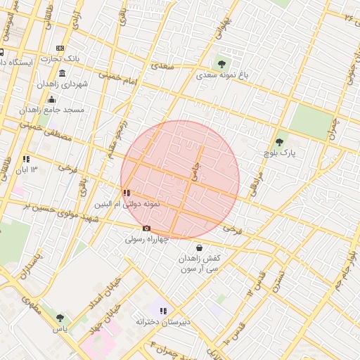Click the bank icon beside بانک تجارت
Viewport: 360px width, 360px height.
[x=60, y=49]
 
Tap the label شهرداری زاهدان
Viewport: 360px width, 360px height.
[x=84, y=84]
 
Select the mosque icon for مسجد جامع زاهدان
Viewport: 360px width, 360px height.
[x=52, y=100]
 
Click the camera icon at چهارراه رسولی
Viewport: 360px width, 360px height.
[x=146, y=228]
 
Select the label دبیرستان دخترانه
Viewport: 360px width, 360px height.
[x=164, y=322]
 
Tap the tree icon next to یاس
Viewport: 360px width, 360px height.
[x=59, y=318]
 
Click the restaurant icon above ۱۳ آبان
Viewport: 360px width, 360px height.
[x=26, y=159]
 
